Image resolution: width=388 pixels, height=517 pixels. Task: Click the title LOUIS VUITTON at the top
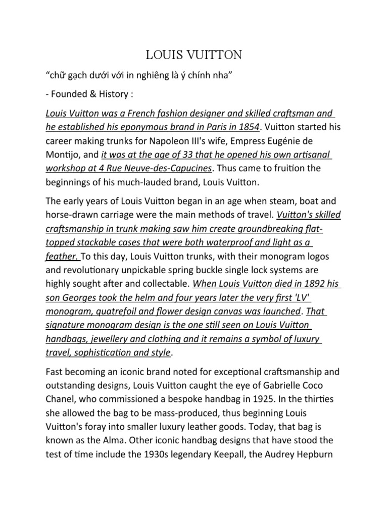(x=193, y=54)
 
